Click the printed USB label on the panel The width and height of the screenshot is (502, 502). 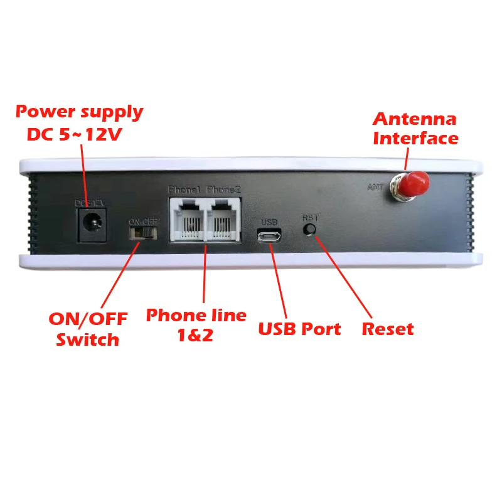(x=269, y=222)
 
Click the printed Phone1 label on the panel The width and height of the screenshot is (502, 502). (x=186, y=190)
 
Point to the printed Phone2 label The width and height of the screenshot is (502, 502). (x=223, y=190)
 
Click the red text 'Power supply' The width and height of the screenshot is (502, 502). (x=80, y=113)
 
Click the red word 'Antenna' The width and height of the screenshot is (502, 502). (x=415, y=119)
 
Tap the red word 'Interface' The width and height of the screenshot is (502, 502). (x=415, y=138)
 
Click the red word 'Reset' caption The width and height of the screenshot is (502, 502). (x=388, y=329)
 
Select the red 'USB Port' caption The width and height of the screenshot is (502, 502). (x=300, y=329)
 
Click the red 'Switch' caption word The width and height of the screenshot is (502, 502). (x=87, y=339)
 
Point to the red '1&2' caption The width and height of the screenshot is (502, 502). (x=195, y=334)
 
